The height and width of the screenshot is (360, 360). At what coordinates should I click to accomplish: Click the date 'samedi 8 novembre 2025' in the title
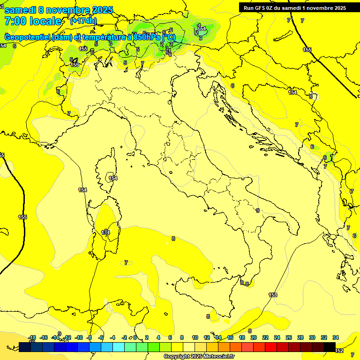click(58, 9)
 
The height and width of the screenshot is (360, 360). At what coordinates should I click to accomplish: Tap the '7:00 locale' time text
click(33, 21)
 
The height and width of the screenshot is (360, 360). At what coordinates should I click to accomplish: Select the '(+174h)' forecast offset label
click(83, 21)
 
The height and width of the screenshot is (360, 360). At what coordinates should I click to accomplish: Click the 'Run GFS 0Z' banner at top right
click(292, 8)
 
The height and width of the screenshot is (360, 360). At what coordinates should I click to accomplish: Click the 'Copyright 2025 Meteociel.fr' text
click(199, 356)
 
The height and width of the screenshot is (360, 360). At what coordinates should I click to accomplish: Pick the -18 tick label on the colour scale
click(32, 337)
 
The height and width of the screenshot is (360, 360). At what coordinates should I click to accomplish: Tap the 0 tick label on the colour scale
click(135, 337)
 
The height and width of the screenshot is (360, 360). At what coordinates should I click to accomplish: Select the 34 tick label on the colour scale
click(335, 337)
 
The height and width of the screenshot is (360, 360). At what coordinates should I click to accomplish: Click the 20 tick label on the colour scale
click(254, 337)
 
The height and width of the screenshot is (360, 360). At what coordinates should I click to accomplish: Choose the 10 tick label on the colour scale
click(195, 337)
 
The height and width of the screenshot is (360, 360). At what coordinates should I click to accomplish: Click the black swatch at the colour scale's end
click(330, 347)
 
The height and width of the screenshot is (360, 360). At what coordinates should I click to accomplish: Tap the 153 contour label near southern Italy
click(273, 295)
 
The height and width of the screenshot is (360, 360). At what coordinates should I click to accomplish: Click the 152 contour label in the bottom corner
click(339, 351)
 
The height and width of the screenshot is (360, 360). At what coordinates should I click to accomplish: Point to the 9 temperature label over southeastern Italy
click(258, 210)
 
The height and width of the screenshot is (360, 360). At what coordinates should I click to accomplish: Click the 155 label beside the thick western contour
click(22, 217)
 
